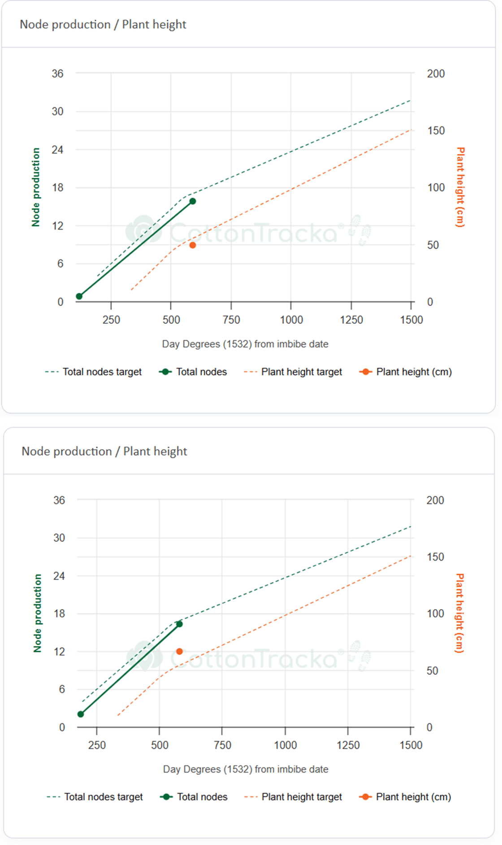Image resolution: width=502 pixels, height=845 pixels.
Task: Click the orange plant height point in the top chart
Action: (x=193, y=245)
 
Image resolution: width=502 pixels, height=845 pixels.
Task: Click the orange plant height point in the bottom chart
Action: (x=179, y=651)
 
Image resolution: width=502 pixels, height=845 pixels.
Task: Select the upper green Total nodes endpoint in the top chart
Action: (x=193, y=201)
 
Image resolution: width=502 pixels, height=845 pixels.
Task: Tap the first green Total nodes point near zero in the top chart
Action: (x=79, y=296)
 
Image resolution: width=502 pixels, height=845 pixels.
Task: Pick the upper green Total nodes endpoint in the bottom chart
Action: (x=179, y=624)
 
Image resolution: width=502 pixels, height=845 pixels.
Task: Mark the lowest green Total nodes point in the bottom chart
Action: (x=81, y=714)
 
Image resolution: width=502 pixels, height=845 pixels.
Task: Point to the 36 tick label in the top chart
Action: (x=57, y=73)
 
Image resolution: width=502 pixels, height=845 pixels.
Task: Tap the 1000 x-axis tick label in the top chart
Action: (x=291, y=320)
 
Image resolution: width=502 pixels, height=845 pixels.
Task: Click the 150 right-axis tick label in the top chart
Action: (x=436, y=131)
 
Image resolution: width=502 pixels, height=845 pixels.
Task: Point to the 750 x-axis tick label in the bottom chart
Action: (x=222, y=745)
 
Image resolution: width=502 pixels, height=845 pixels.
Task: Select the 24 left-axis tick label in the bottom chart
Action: (x=59, y=575)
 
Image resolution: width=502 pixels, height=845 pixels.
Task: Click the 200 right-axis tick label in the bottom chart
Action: (x=435, y=500)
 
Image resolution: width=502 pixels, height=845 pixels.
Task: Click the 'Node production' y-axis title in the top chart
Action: (x=36, y=187)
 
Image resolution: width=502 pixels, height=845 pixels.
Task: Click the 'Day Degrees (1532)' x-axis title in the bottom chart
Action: (x=246, y=769)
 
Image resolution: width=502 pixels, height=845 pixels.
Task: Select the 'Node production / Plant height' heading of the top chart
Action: (x=103, y=24)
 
